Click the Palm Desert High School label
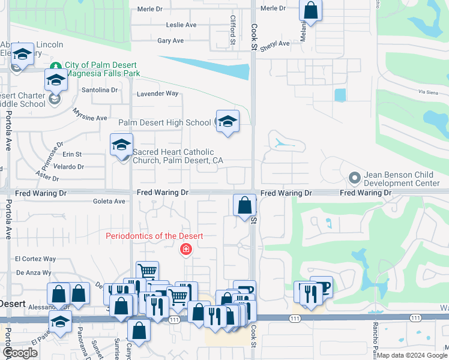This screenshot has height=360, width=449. [164, 123]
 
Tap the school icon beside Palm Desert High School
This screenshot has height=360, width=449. [228, 122]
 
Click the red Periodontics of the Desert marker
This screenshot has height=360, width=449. [186, 250]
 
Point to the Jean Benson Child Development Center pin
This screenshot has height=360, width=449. [355, 178]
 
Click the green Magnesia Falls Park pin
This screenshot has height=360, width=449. [56, 65]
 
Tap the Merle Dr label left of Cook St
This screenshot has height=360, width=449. [150, 8]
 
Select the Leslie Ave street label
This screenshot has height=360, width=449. [181, 25]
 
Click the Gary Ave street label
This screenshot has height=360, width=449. [170, 41]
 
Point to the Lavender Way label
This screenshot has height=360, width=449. [158, 94]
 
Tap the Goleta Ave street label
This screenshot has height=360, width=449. [109, 202]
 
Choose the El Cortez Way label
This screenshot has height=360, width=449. [35, 259]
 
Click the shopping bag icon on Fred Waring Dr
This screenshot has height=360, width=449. [244, 205]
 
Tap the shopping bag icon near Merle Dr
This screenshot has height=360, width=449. [310, 10]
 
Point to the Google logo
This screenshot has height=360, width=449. [20, 353]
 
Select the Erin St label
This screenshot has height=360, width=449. [71, 154]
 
